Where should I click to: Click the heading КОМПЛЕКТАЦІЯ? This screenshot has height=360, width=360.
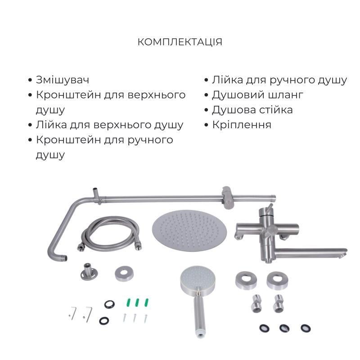tap(180, 42)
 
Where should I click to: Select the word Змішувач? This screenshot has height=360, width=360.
tap(63, 80)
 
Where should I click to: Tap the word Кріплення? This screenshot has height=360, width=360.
tap(242, 125)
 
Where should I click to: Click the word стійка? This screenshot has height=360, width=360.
tap(274, 110)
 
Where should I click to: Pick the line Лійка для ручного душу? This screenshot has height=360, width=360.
tap(279, 80)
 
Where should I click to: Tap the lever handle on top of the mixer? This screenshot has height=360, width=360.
tap(269, 209)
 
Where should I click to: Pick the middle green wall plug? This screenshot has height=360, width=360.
tap(137, 303)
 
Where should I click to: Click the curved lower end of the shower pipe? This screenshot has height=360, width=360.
tap(61, 256)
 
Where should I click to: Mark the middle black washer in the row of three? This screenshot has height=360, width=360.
tap(283, 328)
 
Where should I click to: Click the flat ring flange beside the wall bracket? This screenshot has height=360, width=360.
tap(124, 274)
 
